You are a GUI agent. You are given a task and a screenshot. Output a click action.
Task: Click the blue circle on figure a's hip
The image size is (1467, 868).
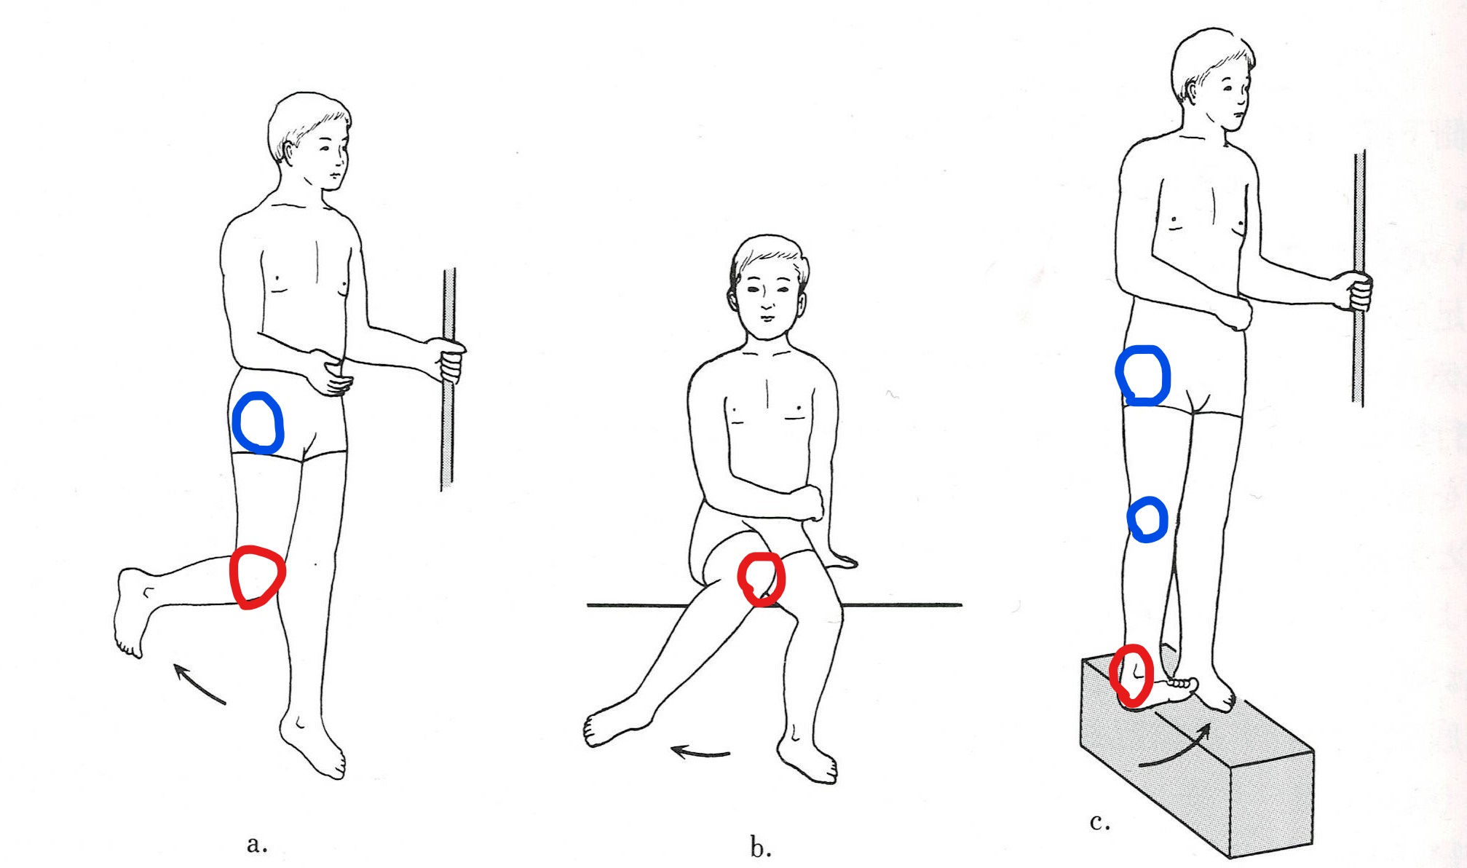tap(234, 422)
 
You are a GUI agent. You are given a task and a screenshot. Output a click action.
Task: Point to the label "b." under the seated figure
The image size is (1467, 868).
tap(761, 846)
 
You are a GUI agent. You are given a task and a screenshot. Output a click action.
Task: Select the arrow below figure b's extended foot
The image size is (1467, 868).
tap(699, 752)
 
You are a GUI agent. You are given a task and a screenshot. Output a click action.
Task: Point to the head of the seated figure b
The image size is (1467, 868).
tap(769, 288)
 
